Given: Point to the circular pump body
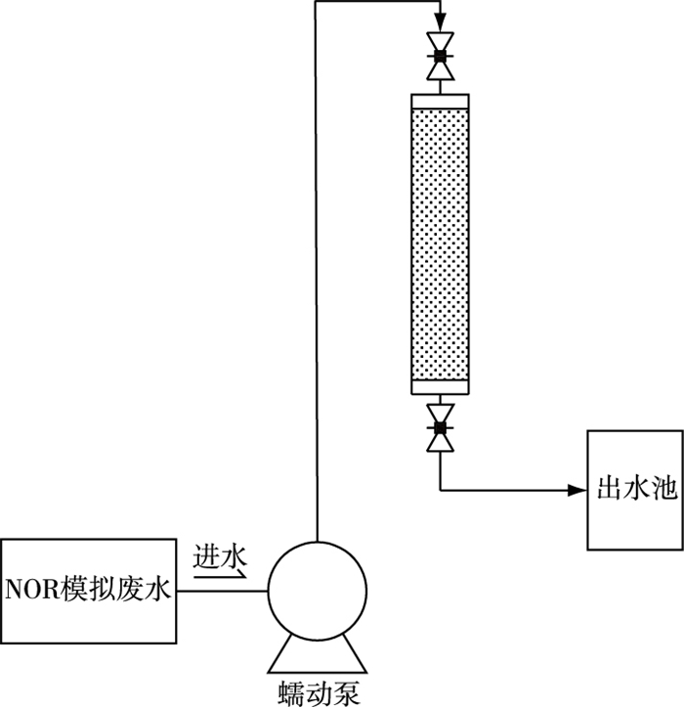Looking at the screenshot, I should tap(318, 592).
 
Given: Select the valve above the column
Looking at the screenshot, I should tap(440, 57).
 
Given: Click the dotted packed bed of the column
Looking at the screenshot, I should tap(440, 244).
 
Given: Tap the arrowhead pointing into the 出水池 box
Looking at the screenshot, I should tap(577, 489).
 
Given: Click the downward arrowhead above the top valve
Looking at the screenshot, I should tap(440, 22).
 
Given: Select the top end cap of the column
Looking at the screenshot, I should tap(440, 101).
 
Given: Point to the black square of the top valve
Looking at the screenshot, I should tap(440, 57).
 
